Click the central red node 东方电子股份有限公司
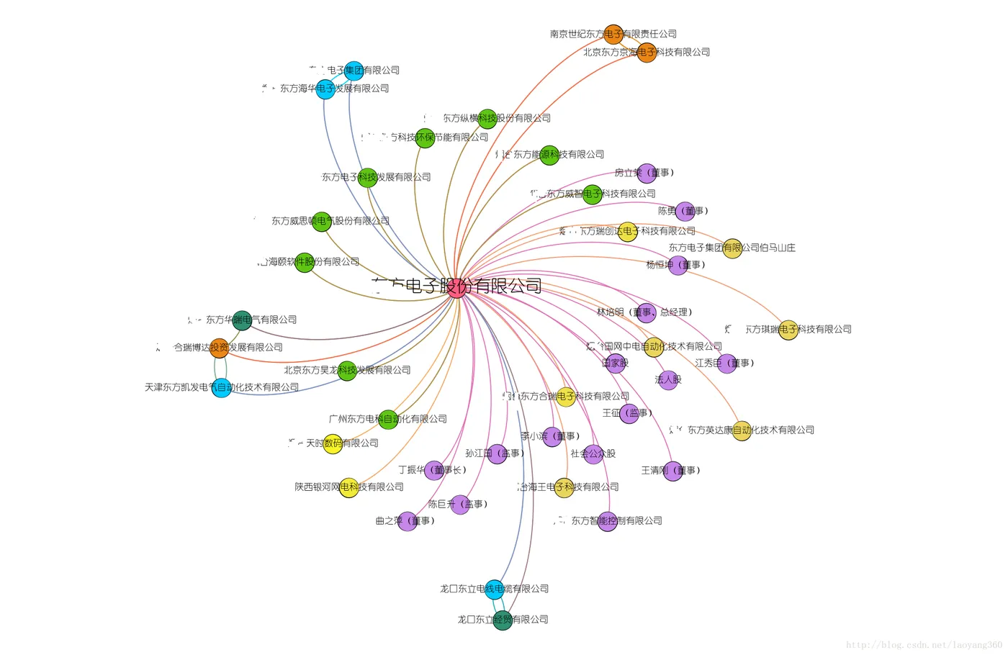pos(456,288)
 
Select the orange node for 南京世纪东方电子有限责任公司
pos(613,34)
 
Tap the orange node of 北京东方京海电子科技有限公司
pos(647,53)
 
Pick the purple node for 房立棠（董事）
pos(647,173)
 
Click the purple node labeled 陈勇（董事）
pos(685,211)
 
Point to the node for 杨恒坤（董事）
pos(678,265)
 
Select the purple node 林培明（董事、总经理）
pos(646,312)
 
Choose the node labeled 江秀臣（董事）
pos(727,363)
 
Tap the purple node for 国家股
pos(616,363)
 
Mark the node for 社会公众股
pos(593,454)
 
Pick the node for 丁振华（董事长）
pos(434,471)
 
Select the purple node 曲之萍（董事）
pos(408,521)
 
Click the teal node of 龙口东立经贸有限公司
pos(503,620)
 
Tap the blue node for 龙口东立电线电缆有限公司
pos(494,589)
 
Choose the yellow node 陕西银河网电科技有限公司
pos(349,487)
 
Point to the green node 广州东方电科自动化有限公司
pos(388,420)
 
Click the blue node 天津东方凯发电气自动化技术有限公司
pos(222,388)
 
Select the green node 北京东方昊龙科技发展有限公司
pos(347,371)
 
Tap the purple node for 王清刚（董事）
pos(672,471)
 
